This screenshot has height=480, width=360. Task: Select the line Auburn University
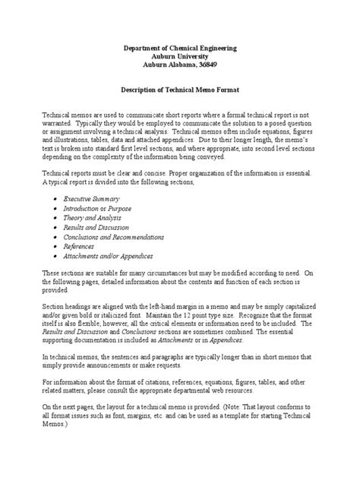[179, 57]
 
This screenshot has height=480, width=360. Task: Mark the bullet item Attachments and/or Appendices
[109, 256]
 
